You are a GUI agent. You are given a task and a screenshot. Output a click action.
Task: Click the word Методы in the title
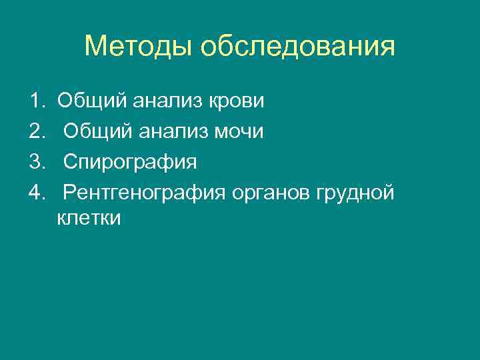(x=139, y=47)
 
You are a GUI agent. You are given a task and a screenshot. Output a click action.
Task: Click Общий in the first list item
(x=92, y=102)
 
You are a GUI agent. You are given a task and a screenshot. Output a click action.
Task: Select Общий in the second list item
(x=99, y=133)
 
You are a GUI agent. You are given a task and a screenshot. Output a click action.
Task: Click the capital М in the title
(x=95, y=47)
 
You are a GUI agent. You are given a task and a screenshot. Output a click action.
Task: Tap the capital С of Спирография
(x=70, y=163)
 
